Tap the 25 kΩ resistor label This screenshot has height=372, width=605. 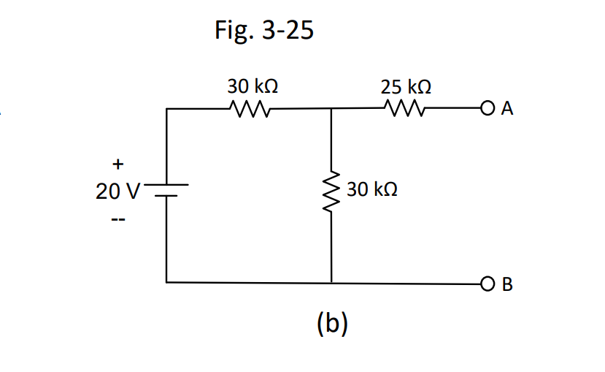[x=406, y=87]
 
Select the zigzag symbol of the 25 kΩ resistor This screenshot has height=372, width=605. [x=404, y=110]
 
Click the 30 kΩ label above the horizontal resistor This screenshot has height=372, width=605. [x=252, y=87]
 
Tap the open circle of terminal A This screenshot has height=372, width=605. [x=488, y=110]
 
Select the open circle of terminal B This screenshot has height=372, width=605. [x=488, y=282]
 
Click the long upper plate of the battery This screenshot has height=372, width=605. [x=167, y=184]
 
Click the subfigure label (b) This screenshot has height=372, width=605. [x=332, y=322]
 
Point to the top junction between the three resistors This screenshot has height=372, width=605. [x=332, y=110]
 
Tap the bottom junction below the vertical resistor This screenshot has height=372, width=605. [x=332, y=282]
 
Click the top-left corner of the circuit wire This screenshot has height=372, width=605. [x=167, y=110]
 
